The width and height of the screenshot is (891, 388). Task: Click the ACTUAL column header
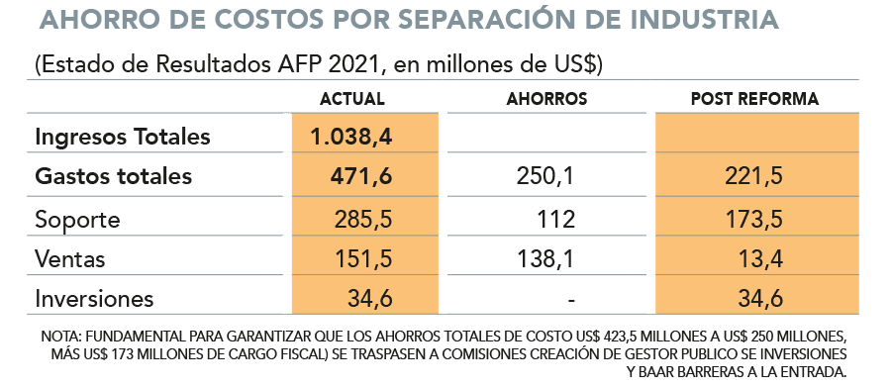pos(351,99)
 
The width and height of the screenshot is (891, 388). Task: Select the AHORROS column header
pos(546,99)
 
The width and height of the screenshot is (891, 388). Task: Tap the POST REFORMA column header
pos(754,99)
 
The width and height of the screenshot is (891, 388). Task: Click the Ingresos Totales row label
pos(123,137)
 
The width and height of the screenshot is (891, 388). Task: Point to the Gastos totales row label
pos(114,176)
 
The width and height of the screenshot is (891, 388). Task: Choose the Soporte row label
pos(78,220)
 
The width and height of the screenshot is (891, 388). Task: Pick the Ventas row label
pos(70,259)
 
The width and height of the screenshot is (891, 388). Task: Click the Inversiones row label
pos(94,299)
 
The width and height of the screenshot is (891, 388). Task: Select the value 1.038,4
pos(351,138)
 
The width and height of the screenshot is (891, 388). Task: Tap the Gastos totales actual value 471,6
pos(360,176)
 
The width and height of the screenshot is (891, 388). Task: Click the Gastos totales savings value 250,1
pos(545,176)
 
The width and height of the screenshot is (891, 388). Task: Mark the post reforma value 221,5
pos(754,176)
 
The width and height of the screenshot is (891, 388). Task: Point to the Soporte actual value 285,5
pos(363,220)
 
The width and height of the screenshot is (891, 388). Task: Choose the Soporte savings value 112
pos(556,220)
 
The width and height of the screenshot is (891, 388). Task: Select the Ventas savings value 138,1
pos(545,259)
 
